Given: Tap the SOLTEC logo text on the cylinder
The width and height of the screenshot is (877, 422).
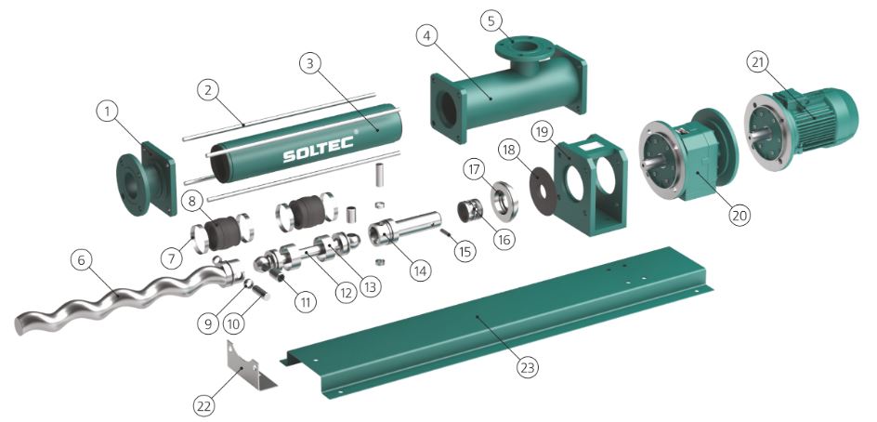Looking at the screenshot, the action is coord(319,149).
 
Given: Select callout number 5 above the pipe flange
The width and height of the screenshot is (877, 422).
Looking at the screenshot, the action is coord(491,21).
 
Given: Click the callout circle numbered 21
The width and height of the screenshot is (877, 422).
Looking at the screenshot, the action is coord(758,63).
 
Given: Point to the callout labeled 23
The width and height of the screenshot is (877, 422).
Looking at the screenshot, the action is coord(528,367).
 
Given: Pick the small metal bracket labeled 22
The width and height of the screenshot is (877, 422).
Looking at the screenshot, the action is coord(251,363).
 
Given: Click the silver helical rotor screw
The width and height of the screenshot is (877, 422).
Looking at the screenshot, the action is coord(125,294).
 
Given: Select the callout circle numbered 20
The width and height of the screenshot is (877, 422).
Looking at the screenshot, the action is coord(739,215).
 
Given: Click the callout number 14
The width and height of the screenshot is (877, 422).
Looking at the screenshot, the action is coord(420,270).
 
